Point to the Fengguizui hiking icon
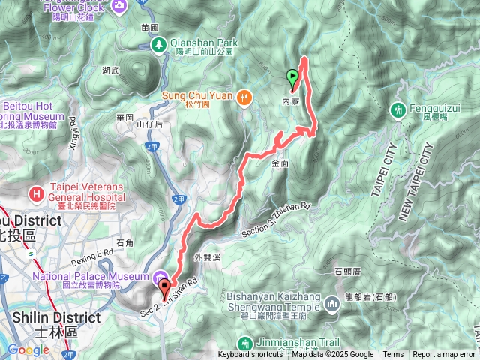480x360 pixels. pos(397,110)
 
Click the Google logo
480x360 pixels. pos(28,349)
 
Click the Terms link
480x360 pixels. pos(393,355)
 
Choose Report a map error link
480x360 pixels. pos(445,355)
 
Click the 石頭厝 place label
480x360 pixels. pos(348,271)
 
